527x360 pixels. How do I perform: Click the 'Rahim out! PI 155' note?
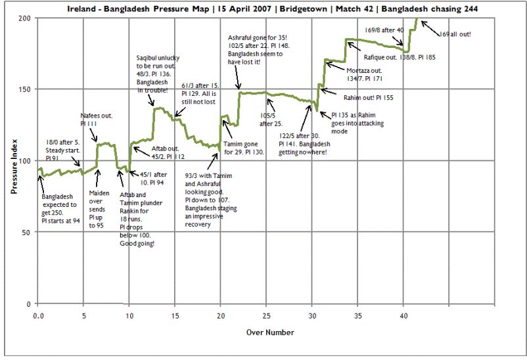(369, 97)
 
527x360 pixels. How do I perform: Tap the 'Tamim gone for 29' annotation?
(244, 148)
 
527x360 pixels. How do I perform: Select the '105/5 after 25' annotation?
(271, 120)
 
